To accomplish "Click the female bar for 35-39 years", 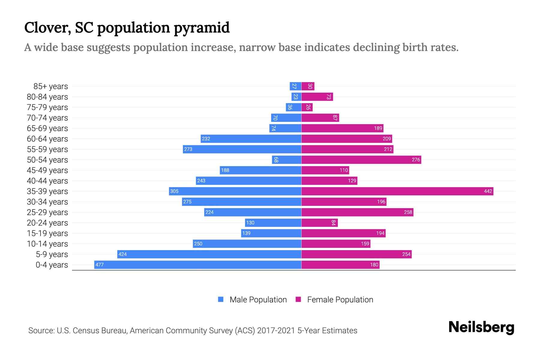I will [x=397, y=191].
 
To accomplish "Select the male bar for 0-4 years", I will [x=198, y=265].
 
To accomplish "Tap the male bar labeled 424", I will [x=209, y=254].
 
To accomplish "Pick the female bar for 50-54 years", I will [x=361, y=160].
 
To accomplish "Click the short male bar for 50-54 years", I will [x=286, y=160].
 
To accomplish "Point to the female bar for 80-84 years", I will [x=317, y=97].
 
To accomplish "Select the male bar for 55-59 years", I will [x=242, y=149].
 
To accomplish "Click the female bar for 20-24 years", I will [x=319, y=223].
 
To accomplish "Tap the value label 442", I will [x=488, y=191].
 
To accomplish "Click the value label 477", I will [x=99, y=265].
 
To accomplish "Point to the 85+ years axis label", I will [x=51, y=86].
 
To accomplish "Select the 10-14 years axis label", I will [x=47, y=244].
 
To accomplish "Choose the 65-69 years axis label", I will [x=47, y=128].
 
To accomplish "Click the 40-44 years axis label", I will [x=47, y=181].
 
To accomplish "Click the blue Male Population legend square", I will [x=221, y=299].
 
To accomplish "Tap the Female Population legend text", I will [x=340, y=300].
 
